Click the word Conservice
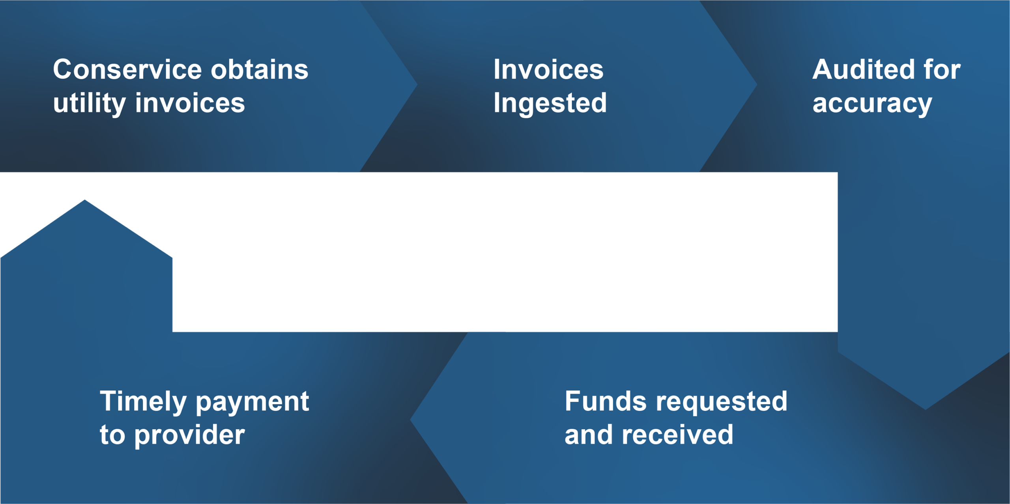click(x=127, y=69)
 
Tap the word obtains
click(x=260, y=69)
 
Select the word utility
click(x=89, y=103)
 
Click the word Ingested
click(x=550, y=104)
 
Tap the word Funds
click(x=606, y=401)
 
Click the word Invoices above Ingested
click(x=548, y=69)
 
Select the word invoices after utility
click(x=190, y=103)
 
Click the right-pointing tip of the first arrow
click(x=417, y=84)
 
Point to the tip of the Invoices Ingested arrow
click(x=757, y=84)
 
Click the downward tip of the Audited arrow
click(x=925, y=409)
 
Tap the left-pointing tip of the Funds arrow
click(x=410, y=420)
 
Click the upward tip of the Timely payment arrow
click(x=84, y=200)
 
